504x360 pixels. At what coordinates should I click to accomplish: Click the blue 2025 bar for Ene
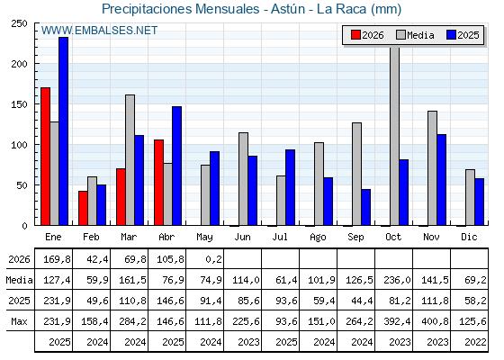tap(64, 131)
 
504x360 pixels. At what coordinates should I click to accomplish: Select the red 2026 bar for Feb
tap(83, 208)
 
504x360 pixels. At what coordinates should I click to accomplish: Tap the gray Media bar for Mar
tap(130, 160)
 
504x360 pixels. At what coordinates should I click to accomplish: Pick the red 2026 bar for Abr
tap(158, 183)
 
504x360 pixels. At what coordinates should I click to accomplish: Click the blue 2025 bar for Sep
tap(365, 207)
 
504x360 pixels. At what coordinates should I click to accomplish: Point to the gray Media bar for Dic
tap(470, 197)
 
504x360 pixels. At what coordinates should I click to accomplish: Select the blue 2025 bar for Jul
tap(290, 187)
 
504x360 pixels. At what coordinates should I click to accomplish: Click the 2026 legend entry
tap(368, 35)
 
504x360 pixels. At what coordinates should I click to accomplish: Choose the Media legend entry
tap(415, 35)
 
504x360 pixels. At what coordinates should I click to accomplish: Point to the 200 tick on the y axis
tap(19, 64)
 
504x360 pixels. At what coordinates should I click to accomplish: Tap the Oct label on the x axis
tap(393, 237)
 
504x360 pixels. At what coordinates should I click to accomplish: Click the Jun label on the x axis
tap(242, 237)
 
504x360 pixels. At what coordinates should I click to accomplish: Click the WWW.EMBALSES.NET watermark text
tap(99, 31)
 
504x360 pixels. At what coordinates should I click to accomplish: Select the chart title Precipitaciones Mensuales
tap(180, 9)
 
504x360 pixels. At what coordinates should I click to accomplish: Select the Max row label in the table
tap(19, 321)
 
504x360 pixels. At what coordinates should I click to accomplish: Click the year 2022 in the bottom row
tap(475, 342)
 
